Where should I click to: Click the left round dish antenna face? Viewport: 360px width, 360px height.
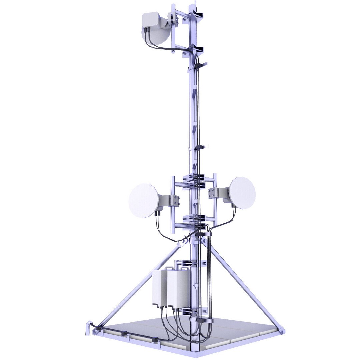[x=143, y=200]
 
